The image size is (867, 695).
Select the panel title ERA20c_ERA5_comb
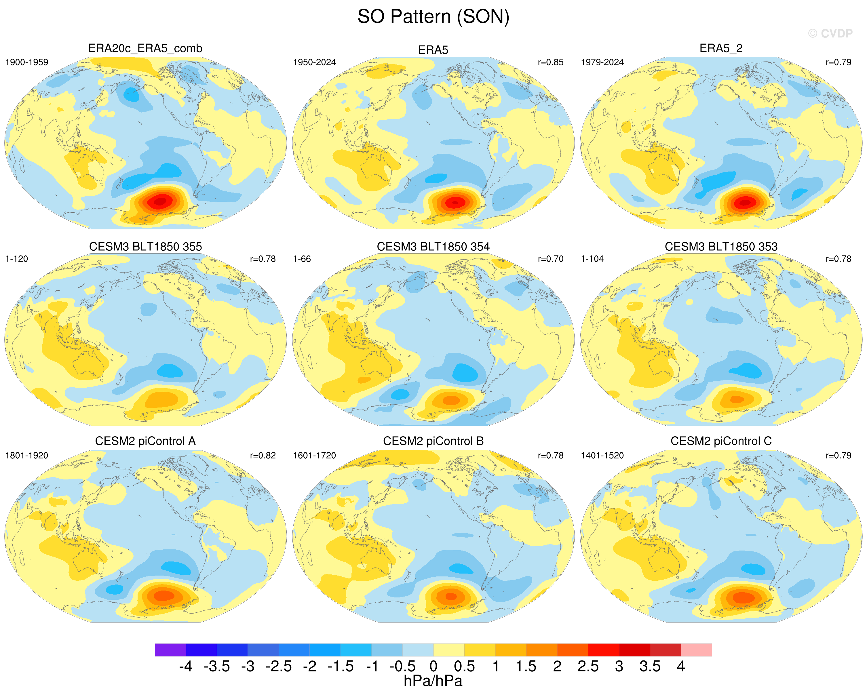145,49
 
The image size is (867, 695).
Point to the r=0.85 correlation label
551,62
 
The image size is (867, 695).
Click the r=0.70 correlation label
551,259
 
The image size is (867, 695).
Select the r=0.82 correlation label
263,456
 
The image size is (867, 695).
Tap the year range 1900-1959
26,62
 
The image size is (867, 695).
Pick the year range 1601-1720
314,456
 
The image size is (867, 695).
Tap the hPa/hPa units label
433,681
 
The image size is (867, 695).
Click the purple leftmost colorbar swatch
170,650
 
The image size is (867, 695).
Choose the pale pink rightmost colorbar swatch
696,650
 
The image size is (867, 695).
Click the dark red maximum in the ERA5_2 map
745,202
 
